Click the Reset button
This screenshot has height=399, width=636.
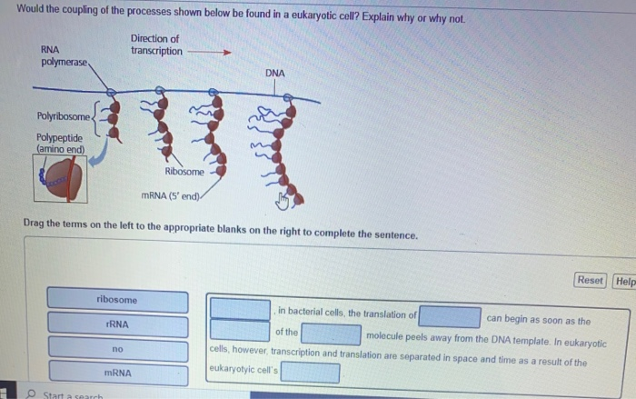(x=591, y=280)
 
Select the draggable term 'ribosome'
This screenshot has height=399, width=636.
(x=117, y=299)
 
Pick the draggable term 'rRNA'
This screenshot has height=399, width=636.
(x=117, y=324)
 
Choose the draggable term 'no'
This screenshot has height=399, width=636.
(x=117, y=347)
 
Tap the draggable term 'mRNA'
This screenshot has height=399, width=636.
(x=117, y=372)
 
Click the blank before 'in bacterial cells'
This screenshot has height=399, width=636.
(x=240, y=309)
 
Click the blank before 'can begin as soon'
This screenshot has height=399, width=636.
(x=450, y=316)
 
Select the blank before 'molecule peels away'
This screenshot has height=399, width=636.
(x=332, y=334)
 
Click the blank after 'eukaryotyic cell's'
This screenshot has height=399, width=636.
(x=310, y=373)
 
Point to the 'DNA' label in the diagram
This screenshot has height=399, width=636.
(x=275, y=73)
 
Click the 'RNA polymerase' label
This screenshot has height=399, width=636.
(x=64, y=55)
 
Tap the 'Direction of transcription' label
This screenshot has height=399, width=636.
(x=155, y=45)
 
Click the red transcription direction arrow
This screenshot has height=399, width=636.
(x=210, y=52)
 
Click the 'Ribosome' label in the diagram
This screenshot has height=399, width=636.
(x=184, y=172)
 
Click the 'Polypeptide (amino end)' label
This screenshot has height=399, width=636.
(x=59, y=143)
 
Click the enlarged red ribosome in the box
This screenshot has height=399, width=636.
(x=61, y=181)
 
